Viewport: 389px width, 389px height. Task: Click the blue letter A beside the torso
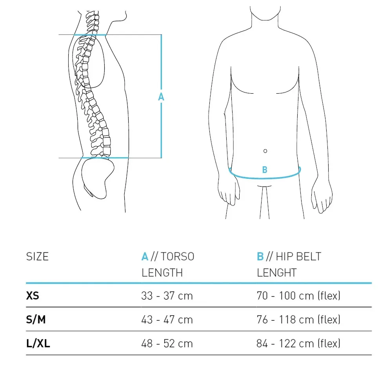pos(161,97)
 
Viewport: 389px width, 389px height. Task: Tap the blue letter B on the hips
pos(265,170)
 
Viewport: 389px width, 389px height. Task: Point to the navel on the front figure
pos(265,151)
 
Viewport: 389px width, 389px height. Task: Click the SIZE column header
pos(37,256)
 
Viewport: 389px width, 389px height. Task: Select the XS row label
pos(33,295)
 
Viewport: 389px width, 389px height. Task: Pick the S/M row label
pos(36,320)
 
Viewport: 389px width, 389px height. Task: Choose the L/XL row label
pos(38,344)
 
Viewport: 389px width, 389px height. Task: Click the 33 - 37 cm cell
pos(167,296)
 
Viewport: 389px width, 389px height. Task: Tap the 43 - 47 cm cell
pos(167,320)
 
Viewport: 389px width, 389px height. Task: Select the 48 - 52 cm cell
pos(167,344)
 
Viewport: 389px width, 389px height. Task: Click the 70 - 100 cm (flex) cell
pos(298,296)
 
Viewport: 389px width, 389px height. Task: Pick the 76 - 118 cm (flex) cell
pos(298,320)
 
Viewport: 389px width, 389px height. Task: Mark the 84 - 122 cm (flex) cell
pos(298,344)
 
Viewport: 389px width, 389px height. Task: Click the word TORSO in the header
pos(177,256)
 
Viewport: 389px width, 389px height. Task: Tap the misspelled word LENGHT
pos(276,273)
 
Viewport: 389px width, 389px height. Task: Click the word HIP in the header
pos(283,256)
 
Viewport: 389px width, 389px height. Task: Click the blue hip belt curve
pos(264,178)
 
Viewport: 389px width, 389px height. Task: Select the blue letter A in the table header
pos(145,256)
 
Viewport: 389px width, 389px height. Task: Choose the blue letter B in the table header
pos(260,256)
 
